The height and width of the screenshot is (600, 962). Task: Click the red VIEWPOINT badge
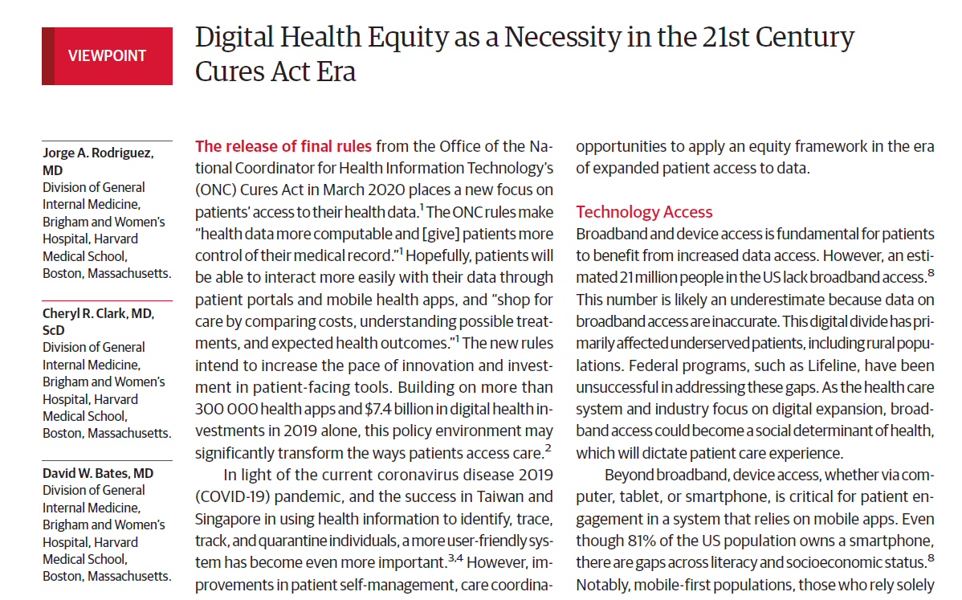click(107, 56)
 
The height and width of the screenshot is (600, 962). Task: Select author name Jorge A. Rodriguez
click(97, 153)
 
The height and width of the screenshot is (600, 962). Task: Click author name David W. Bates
click(97, 473)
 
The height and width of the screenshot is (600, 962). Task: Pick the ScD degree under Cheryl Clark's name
click(55, 330)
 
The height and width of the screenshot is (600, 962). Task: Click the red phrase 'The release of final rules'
click(283, 146)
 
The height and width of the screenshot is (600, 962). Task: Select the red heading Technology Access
click(644, 212)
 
